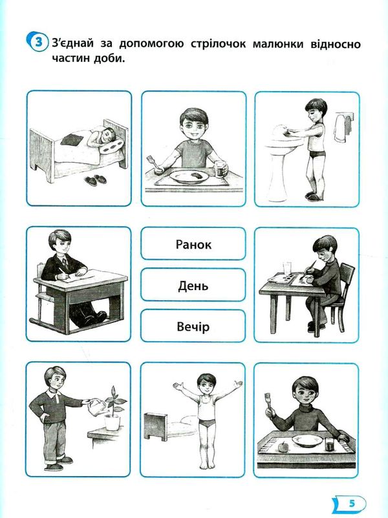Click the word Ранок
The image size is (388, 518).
(x=193, y=244)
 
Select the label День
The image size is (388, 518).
(x=193, y=285)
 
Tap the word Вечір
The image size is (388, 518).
(x=193, y=326)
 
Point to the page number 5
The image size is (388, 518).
(x=352, y=503)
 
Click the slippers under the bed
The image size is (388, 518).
(x=94, y=180)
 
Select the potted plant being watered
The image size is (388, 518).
(x=114, y=409)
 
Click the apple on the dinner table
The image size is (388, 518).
(x=283, y=447)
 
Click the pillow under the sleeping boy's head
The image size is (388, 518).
(x=111, y=147)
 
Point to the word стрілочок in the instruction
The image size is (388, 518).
(x=219, y=44)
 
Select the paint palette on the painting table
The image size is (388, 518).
(x=279, y=278)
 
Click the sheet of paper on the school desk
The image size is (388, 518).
(x=88, y=275)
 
